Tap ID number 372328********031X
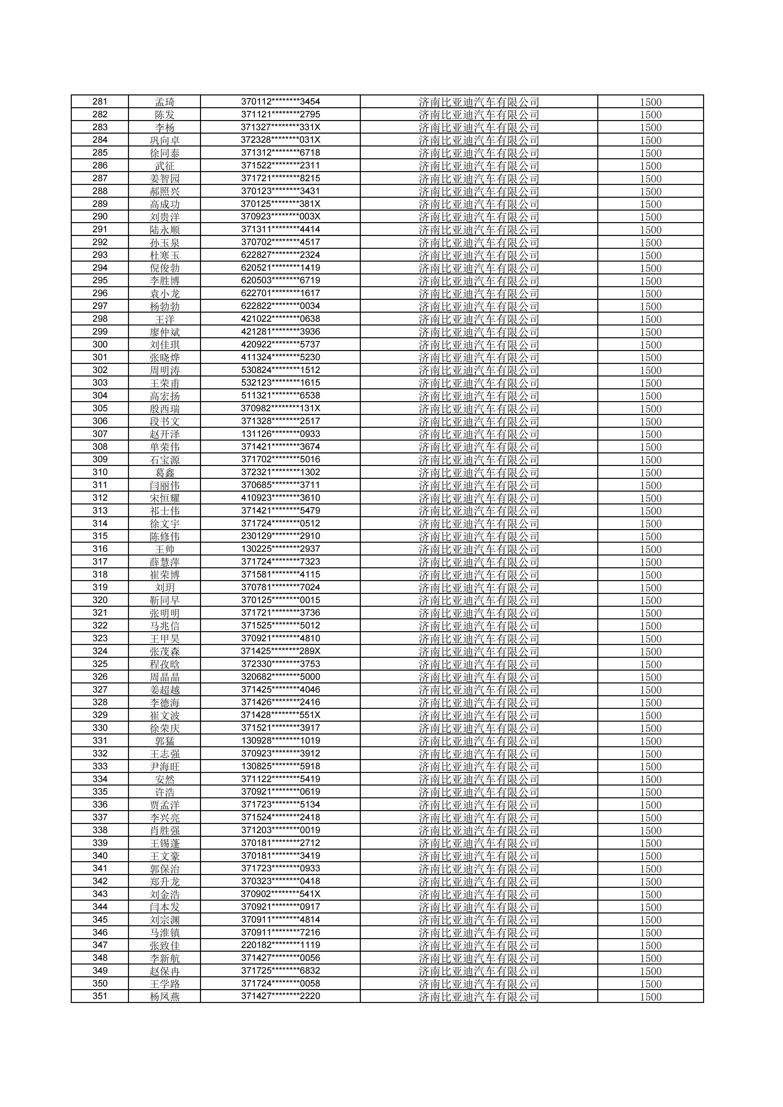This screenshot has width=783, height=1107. [x=281, y=140]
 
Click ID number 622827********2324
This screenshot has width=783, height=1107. [x=281, y=255]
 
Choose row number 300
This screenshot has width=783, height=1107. [x=100, y=344]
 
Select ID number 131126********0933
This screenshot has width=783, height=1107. [x=281, y=434]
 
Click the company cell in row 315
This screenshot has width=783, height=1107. [x=479, y=536]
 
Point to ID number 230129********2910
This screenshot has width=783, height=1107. [x=281, y=536]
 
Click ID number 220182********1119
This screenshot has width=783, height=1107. [x=281, y=945]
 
